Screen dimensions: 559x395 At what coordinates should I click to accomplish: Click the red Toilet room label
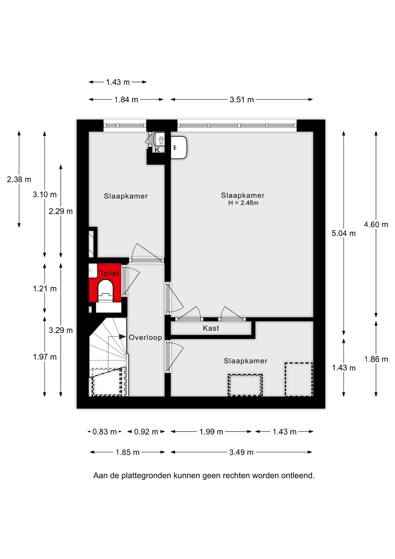click(109, 273)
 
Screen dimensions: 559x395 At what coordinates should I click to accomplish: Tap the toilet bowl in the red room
click(105, 290)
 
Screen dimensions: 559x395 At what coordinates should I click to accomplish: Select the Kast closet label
click(211, 328)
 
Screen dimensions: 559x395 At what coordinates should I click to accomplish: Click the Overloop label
click(145, 337)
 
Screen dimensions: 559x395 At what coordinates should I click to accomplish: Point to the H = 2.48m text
click(243, 203)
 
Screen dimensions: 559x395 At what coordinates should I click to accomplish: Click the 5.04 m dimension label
click(344, 233)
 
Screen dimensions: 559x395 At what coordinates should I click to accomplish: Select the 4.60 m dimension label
click(376, 224)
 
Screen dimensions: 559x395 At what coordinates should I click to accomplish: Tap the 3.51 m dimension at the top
click(242, 100)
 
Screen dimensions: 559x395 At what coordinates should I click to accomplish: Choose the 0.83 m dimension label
click(104, 432)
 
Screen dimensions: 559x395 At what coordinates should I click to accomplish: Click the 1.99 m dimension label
click(211, 432)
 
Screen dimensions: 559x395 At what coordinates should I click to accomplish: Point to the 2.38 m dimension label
click(19, 179)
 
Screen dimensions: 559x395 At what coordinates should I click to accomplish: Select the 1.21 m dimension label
click(45, 289)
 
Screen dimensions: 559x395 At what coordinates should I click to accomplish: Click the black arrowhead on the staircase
click(122, 337)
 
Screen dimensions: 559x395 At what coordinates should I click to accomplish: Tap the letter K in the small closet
click(157, 150)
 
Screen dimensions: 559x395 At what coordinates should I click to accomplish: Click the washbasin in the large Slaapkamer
click(178, 147)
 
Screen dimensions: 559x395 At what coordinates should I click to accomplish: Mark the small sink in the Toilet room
click(93, 270)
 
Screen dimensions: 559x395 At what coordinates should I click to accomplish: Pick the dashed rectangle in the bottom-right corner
click(298, 379)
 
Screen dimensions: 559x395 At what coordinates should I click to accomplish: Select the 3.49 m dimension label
click(241, 452)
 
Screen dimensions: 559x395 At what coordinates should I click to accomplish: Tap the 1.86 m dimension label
click(376, 359)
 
